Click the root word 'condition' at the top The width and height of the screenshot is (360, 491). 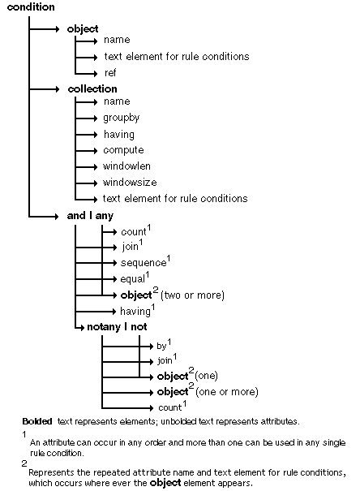pos(31,7)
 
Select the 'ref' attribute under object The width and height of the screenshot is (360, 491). pos(110,73)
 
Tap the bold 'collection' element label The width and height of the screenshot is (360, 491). pos(92,88)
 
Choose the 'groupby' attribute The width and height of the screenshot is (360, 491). pos(122,118)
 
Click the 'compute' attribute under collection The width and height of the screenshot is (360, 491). pos(123,150)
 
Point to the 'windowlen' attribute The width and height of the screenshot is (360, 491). pos(125,166)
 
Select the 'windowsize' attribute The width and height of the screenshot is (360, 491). pos(130,183)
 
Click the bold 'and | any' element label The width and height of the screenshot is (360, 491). pos(89,215)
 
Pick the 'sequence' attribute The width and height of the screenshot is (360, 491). pos(143,263)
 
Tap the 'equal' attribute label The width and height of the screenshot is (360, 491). pos(134,279)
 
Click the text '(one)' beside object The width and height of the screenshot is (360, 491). pos(207,376)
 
